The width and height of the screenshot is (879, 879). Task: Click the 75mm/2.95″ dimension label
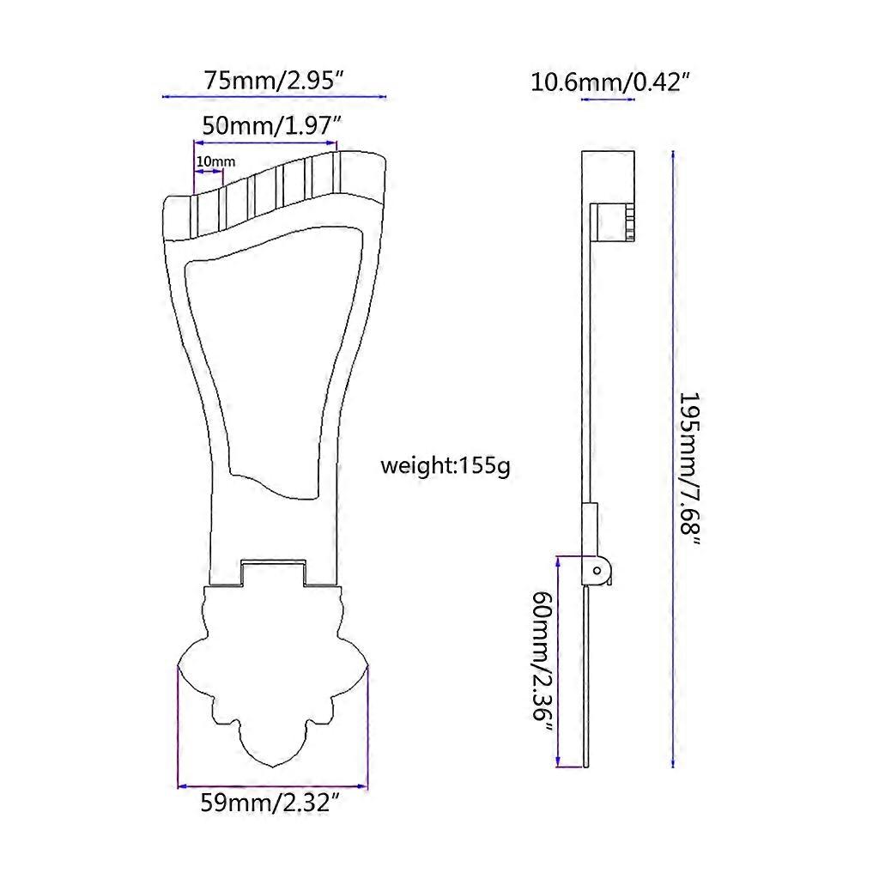coord(275,81)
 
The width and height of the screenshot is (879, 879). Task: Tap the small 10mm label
coord(215,161)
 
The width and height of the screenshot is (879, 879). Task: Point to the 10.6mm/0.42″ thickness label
coord(612,82)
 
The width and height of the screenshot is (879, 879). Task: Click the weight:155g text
coord(446,467)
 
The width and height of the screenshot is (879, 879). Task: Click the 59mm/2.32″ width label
coord(272,804)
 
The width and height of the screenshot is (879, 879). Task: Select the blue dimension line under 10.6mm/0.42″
coord(609,100)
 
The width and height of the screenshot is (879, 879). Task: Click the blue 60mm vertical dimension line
coord(559,661)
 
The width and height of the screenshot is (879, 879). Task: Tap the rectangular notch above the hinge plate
coord(273,570)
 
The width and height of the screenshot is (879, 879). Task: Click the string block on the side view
coord(615,221)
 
